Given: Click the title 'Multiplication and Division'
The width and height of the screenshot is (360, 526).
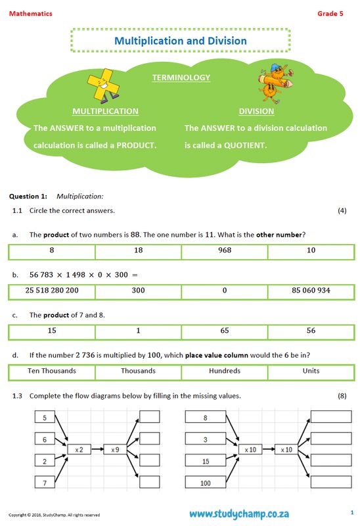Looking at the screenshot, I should pyautogui.click(x=181, y=41).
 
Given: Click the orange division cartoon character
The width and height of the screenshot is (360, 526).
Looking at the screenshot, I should pyautogui.click(x=271, y=84).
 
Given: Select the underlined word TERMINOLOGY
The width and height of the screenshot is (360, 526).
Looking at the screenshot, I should pyautogui.click(x=181, y=78).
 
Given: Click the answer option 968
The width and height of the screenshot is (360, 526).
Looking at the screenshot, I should pyautogui.click(x=225, y=251).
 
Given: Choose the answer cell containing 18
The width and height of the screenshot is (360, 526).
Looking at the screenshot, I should pyautogui.click(x=138, y=251).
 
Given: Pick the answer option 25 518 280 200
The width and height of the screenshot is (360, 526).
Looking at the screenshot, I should pyautogui.click(x=52, y=290).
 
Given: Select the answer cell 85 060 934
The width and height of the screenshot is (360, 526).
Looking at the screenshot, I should pyautogui.click(x=311, y=290).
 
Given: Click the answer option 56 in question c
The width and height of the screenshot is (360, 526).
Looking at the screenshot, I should pyautogui.click(x=311, y=331).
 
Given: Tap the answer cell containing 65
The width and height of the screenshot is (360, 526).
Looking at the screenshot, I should pyautogui.click(x=225, y=331).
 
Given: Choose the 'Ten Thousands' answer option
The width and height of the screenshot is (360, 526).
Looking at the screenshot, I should pyautogui.click(x=52, y=371).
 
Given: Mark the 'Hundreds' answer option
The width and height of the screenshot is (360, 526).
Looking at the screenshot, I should pyautogui.click(x=225, y=371).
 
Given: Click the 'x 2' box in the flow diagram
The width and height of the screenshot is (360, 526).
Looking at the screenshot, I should pyautogui.click(x=78, y=449).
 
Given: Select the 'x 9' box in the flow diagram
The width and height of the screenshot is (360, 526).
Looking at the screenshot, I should pyautogui.click(x=114, y=449).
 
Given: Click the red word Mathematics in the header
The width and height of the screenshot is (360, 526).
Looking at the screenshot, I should pyautogui.click(x=30, y=13).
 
